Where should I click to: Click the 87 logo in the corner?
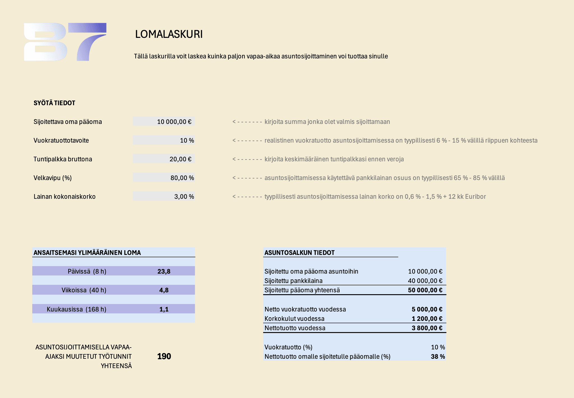[65, 42]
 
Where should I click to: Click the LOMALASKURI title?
[169, 34]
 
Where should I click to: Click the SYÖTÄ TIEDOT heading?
[54, 103]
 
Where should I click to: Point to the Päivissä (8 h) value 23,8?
[164, 271]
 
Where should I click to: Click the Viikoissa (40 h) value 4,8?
[164, 290]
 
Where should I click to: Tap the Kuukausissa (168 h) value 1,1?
[164, 309]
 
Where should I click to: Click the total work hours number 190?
[164, 356]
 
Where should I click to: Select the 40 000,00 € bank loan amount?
[425, 281]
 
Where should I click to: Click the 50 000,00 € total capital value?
[425, 290]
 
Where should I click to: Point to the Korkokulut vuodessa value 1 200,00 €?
[427, 319]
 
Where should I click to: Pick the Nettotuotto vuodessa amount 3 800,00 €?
[427, 328]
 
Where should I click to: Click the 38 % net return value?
[438, 356]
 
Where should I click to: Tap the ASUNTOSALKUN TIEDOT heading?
[299, 252]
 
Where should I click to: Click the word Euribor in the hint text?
[475, 197]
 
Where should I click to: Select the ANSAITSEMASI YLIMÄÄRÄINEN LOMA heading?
[87, 252]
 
